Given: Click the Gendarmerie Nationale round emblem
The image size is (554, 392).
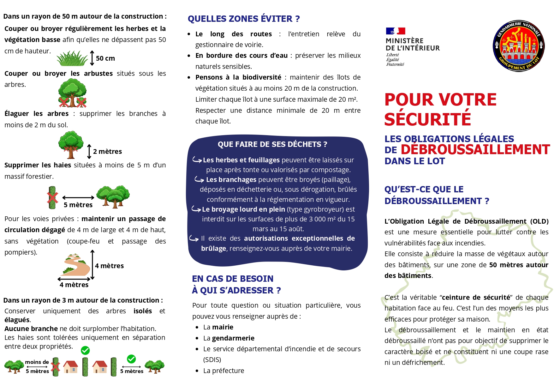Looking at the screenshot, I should click(518, 46).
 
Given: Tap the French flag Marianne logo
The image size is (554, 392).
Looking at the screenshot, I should click(395, 31).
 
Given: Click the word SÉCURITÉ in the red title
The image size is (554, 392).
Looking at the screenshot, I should click(427, 119).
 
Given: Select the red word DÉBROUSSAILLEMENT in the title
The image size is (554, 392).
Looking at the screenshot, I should click(475, 149).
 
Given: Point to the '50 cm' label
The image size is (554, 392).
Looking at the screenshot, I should click(105, 58).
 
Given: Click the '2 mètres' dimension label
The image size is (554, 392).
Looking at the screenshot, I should click(107, 152).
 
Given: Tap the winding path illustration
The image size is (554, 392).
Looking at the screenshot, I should click(75, 265).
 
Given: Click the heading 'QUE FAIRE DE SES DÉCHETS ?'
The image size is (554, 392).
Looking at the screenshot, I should click(272, 144).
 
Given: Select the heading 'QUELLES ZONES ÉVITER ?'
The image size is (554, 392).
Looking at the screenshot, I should click(244, 19).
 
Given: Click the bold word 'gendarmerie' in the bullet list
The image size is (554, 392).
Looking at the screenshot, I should click(233, 338).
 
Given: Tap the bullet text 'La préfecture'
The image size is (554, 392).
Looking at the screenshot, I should click(223, 371).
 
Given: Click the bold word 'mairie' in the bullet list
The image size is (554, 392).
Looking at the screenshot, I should click(223, 327).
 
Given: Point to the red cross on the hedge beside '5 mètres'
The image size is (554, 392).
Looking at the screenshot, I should click(52, 198).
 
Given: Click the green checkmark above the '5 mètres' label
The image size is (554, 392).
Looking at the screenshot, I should click(131, 359).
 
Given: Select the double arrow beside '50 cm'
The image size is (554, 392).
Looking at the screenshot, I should click(92, 58).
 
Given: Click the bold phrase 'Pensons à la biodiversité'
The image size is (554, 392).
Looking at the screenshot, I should click(238, 77).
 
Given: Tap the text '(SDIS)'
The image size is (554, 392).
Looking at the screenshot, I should click(212, 360).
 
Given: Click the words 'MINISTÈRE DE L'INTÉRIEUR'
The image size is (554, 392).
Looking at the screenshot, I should click(412, 45).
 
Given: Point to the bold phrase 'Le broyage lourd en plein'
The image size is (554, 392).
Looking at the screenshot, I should click(243, 209).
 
